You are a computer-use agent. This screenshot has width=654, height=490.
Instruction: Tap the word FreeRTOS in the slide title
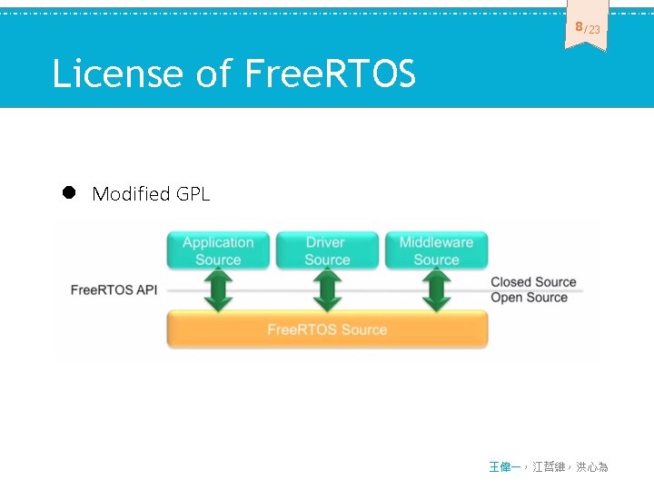click(331, 73)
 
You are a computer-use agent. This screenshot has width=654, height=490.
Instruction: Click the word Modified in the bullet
click(131, 193)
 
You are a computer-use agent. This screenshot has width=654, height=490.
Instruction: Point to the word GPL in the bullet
click(193, 193)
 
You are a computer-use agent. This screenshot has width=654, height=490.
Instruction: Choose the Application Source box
click(218, 250)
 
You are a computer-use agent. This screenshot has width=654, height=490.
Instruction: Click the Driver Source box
click(326, 250)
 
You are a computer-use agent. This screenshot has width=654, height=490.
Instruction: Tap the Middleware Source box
click(436, 250)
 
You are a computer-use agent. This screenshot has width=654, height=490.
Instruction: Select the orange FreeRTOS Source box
click(327, 329)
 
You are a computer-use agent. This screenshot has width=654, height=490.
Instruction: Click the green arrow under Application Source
click(218, 289)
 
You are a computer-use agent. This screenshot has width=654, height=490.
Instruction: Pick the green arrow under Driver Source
click(327, 289)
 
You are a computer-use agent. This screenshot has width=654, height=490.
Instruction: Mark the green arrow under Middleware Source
click(436, 289)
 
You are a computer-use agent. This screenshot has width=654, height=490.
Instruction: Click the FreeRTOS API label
click(114, 290)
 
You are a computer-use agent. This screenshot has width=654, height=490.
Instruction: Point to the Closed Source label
click(533, 282)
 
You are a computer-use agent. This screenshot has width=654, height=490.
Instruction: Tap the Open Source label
click(529, 298)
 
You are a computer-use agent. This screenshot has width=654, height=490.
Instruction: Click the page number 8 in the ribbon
click(579, 27)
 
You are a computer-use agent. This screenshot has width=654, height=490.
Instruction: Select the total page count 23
click(593, 30)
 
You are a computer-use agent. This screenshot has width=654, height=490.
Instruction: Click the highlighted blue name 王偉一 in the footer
click(505, 466)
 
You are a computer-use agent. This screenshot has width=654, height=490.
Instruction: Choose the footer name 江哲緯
click(549, 466)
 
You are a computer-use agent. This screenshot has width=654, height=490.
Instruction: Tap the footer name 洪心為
click(591, 466)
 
